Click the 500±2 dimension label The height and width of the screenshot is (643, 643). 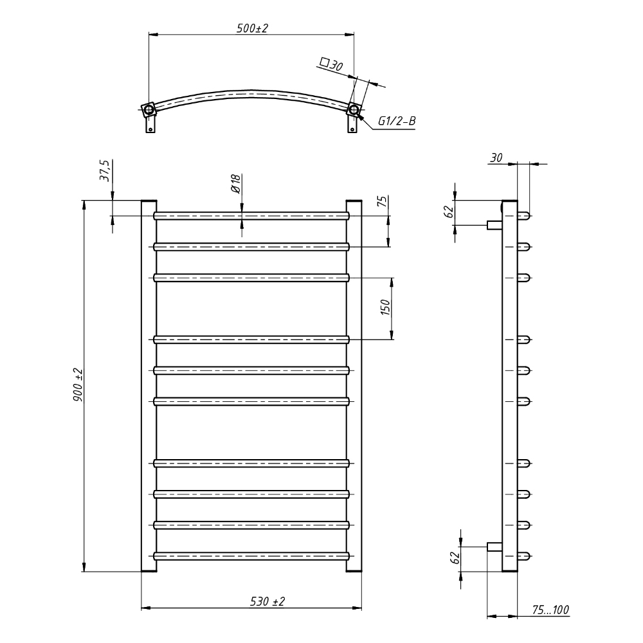click(x=252, y=29)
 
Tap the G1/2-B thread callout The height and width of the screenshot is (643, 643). click(x=397, y=121)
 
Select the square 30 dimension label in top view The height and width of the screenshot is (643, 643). click(x=331, y=64)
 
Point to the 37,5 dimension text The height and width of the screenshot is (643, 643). click(x=105, y=171)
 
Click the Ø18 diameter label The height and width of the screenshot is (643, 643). click(x=235, y=183)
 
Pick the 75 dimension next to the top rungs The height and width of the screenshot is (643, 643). click(x=382, y=201)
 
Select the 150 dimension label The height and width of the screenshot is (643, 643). click(x=386, y=307)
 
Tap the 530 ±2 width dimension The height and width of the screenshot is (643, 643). click(x=267, y=601)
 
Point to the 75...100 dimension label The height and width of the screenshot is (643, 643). click(x=550, y=610)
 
